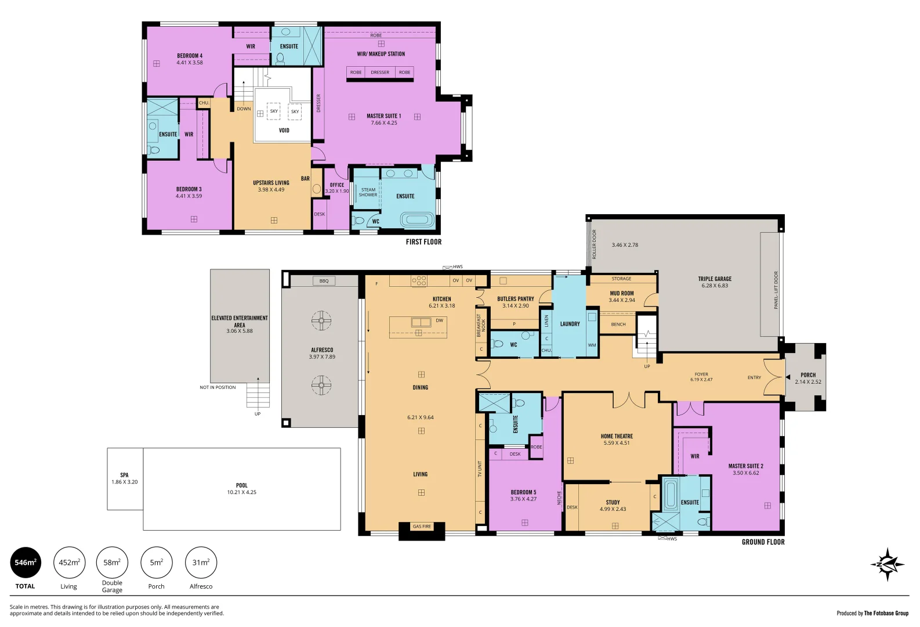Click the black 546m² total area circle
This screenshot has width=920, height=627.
[x=26, y=563]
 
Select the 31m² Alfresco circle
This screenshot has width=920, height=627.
[x=201, y=563]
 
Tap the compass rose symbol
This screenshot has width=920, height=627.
[x=887, y=564]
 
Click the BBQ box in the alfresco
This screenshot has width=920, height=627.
[x=324, y=281]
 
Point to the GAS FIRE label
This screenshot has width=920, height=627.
[x=422, y=527]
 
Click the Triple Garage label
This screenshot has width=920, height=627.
[x=715, y=279]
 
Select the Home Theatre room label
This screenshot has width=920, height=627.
[x=617, y=436]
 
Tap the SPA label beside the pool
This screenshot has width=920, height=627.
[x=124, y=475]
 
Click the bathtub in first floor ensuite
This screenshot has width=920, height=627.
[x=416, y=220]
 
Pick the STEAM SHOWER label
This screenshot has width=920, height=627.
[x=368, y=192]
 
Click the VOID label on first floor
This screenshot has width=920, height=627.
[x=284, y=130]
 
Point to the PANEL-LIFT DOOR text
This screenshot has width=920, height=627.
[x=776, y=290]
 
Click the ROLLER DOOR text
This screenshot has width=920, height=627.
[x=594, y=244]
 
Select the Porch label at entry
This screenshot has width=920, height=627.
[x=808, y=375]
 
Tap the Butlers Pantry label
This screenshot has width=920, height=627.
[x=515, y=299]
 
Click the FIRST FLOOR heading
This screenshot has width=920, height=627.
[x=423, y=242]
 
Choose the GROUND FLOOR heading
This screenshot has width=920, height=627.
[x=763, y=542]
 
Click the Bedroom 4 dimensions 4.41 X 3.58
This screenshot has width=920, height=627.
[x=190, y=63]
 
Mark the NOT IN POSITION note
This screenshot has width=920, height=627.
[x=218, y=387]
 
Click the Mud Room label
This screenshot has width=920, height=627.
[x=622, y=293]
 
